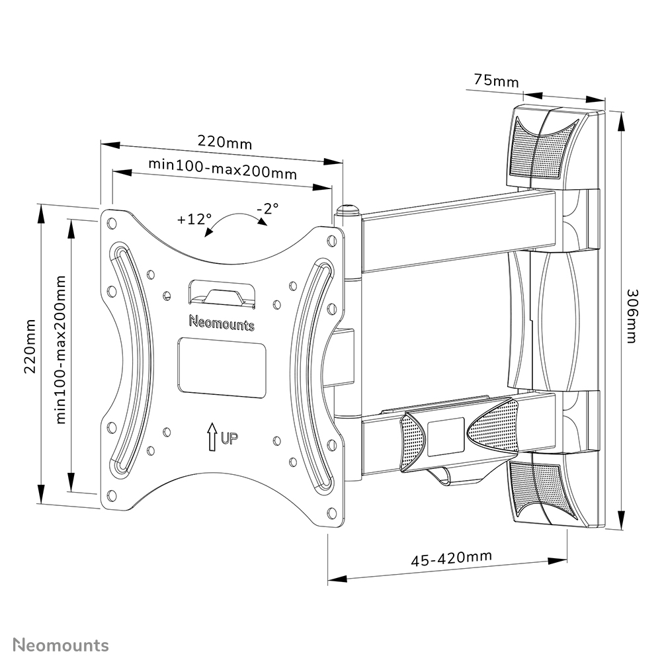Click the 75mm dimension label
496,81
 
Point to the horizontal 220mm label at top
225,142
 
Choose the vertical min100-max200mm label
62,349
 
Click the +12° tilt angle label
194,219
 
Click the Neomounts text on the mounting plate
221,323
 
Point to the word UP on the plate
230,437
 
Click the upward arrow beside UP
212,436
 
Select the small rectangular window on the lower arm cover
446,436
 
